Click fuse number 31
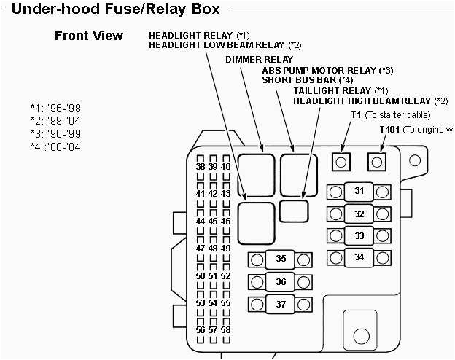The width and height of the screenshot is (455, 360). coord(359,192)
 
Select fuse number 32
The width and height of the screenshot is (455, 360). coord(359,214)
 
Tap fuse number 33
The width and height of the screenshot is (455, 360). coord(359,236)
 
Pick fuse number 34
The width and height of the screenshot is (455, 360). coord(359,257)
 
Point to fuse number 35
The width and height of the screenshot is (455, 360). coord(280,259)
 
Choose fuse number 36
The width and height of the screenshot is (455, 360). coord(280,282)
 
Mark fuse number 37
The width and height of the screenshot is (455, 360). coord(280,304)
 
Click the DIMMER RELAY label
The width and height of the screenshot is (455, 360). coord(259,59)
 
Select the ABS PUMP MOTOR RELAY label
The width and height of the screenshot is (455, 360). coord(327,70)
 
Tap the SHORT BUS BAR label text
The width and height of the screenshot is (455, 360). coord(308,80)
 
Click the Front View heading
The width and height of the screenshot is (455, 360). coord(89,36)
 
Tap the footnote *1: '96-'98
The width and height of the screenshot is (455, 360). coord(55,108)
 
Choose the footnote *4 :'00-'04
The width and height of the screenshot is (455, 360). coord(55,146)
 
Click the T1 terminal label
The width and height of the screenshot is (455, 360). coord(356,115)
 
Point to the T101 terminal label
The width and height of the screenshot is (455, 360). coord(390,129)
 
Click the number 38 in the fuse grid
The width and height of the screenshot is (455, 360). coord(201,167)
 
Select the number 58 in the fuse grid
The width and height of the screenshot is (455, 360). coord(226,330)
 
